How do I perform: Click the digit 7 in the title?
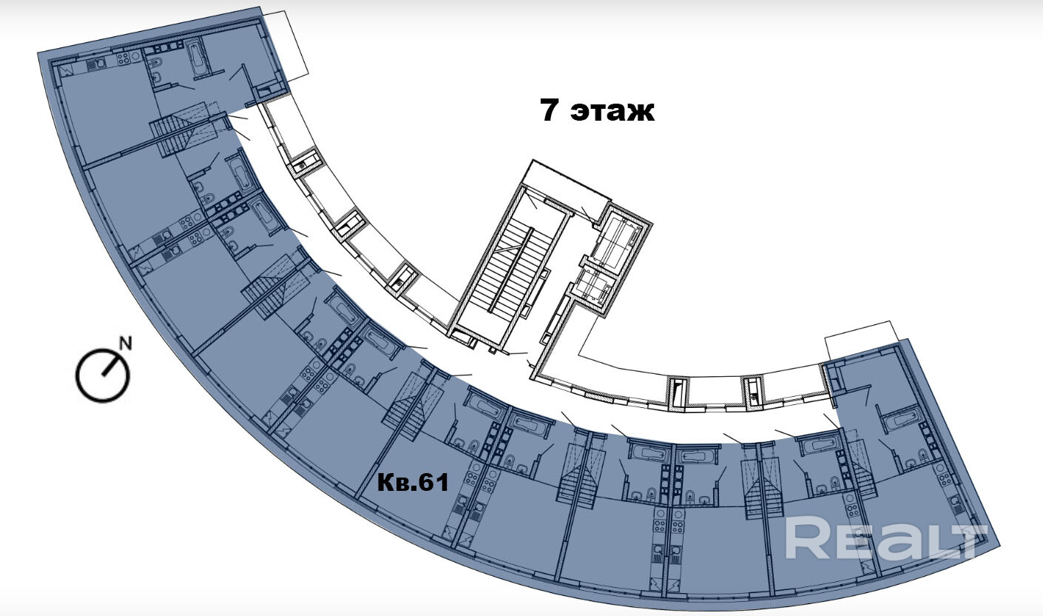[548, 111]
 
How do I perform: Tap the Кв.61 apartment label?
[413, 483]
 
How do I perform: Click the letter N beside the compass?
[126, 343]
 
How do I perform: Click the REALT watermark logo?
[885, 538]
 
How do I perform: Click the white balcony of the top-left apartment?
[287, 44]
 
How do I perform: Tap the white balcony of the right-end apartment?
[862, 342]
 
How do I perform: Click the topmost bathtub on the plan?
[199, 58]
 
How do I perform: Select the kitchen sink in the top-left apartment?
[96, 64]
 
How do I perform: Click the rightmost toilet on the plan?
[922, 455]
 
